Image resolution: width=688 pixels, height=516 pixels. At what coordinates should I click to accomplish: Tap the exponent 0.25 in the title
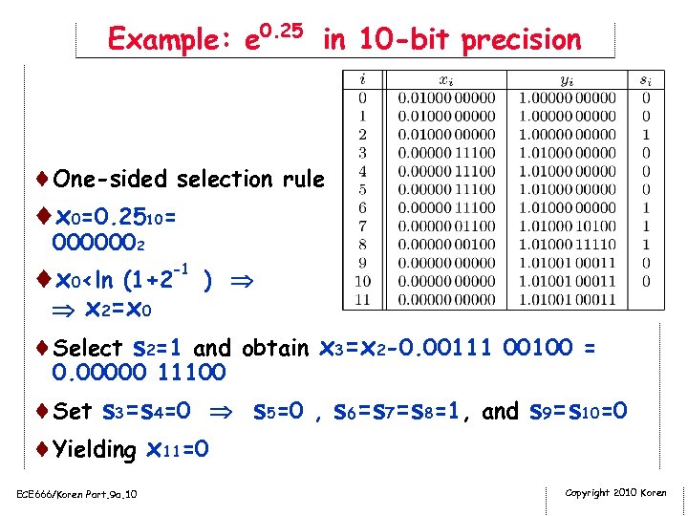coord(283,31)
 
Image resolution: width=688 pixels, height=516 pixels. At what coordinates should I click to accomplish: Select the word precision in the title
coord(521,40)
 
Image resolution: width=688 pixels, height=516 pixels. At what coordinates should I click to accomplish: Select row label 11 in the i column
coord(361,299)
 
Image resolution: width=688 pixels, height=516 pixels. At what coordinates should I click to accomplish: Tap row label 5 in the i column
coord(361,189)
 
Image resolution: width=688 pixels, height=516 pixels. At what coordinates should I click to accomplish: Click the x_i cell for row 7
coord(446,226)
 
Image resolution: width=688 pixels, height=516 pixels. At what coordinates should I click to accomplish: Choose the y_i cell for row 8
coord(567,244)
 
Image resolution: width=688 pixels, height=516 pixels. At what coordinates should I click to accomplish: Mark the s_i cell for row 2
coord(646,135)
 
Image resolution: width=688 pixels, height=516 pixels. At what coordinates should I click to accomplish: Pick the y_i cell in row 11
coord(567,299)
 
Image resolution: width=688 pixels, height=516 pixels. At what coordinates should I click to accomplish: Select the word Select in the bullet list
coord(88,348)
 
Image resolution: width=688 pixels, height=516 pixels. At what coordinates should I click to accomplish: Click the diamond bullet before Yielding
coord(43,448)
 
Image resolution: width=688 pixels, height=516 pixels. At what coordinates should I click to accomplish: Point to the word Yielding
coord(96,449)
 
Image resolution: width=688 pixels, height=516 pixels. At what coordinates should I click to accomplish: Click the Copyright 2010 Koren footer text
coord(615,493)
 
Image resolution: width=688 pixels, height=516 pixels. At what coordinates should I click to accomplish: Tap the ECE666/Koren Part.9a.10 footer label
coord(76,494)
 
